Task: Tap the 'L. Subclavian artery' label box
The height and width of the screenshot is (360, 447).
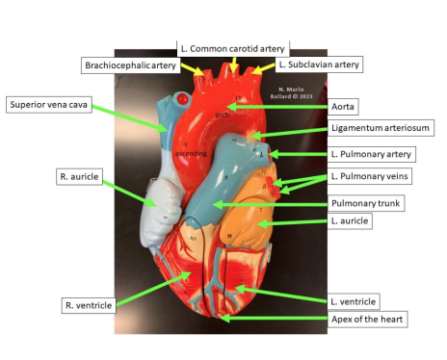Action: click(x=318, y=64)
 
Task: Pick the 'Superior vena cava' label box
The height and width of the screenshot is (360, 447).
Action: click(x=49, y=104)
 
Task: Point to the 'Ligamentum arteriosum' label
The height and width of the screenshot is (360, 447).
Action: click(x=378, y=127)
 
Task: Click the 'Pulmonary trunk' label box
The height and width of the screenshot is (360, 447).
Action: click(x=367, y=204)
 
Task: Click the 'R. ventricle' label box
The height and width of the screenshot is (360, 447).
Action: click(x=89, y=305)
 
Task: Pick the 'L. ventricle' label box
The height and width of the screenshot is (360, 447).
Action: click(x=353, y=301)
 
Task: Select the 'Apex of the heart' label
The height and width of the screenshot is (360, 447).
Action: click(x=366, y=319)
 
